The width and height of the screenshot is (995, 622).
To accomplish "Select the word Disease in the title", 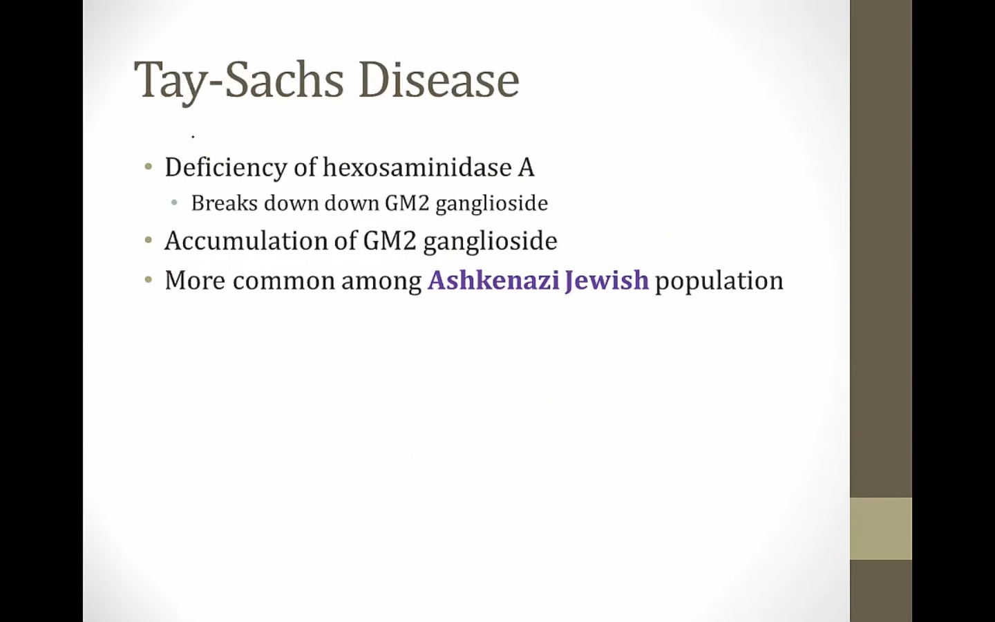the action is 439,79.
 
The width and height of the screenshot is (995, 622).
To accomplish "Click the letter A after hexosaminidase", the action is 526,168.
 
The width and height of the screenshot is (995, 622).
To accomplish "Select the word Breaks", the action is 225,203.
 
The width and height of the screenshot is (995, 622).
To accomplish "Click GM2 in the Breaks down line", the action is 407,203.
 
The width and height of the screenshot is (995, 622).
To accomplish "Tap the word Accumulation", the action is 246,241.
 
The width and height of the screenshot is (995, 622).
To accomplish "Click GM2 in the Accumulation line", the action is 390,241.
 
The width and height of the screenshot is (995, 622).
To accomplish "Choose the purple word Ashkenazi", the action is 493,281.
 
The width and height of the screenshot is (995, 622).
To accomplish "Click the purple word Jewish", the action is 607,281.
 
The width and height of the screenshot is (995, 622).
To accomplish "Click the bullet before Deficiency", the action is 149,167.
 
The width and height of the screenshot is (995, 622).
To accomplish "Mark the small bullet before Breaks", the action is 174,203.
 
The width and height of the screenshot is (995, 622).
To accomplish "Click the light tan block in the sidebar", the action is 881,529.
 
